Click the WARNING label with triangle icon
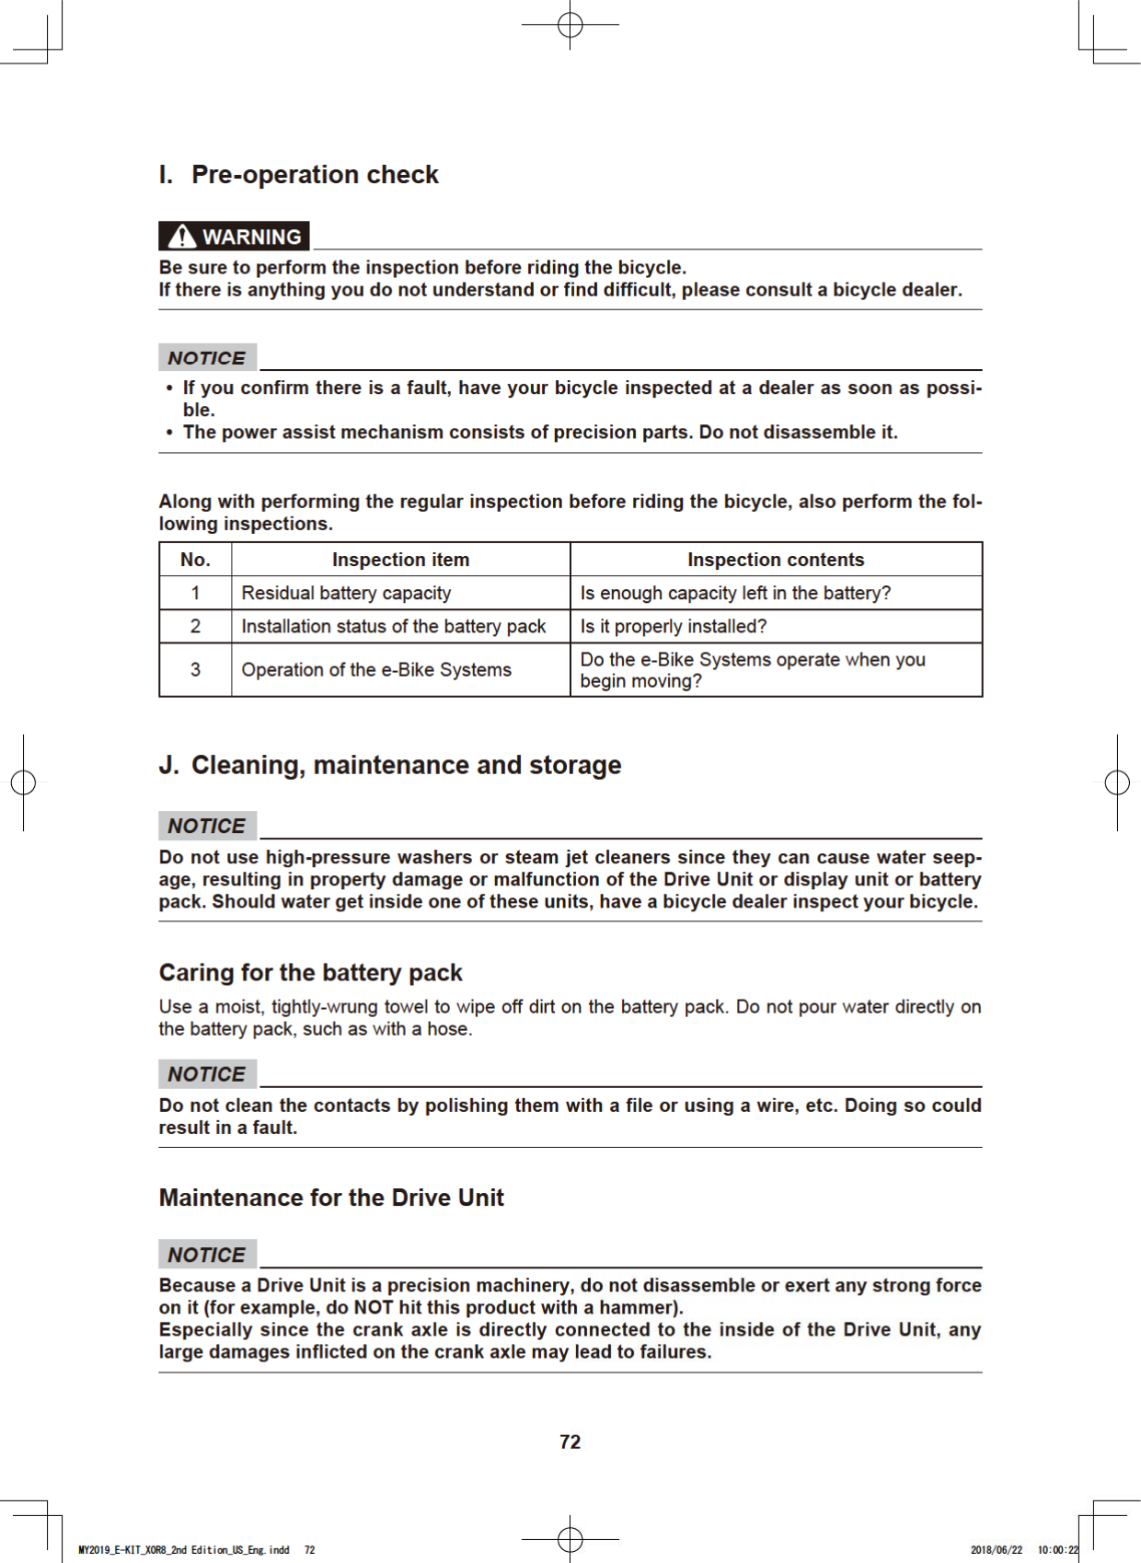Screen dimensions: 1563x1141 point(234,237)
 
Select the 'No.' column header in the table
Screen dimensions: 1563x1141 point(195,560)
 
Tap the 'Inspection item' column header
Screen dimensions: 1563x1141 point(400,560)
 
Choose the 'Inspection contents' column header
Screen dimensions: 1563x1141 point(776,560)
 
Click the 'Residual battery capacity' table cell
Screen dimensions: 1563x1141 point(346,593)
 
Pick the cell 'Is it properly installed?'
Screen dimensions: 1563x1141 point(673,627)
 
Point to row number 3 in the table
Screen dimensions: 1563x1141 point(195,670)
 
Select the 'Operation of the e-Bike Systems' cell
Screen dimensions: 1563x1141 point(376,670)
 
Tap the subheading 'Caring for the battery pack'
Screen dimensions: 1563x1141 point(310,973)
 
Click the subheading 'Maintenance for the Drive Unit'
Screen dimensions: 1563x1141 point(331,1198)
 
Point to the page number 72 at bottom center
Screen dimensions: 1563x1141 point(570,1441)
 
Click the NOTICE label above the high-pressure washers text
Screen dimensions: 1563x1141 point(207,826)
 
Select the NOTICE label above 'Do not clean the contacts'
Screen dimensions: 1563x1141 point(207,1074)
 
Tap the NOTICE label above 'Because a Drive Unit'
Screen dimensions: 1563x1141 point(207,1255)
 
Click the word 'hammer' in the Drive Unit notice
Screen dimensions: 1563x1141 point(636,1308)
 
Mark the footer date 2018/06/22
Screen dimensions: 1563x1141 point(996,1550)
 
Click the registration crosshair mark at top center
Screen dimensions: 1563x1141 point(570,25)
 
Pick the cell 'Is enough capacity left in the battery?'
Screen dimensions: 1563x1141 point(735,593)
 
